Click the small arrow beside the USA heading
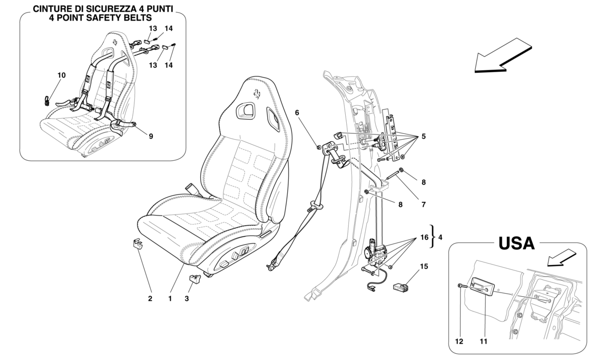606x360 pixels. pos(561,258)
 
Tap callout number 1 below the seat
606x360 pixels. pos(170,299)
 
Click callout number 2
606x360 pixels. pos(150,299)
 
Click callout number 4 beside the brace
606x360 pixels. pos(441,238)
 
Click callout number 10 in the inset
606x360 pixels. pos(62,75)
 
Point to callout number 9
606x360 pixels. pos(151,137)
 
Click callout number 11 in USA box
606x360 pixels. pos(484,341)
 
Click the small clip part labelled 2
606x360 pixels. pos(138,244)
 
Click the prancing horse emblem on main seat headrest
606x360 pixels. pos(260,95)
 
